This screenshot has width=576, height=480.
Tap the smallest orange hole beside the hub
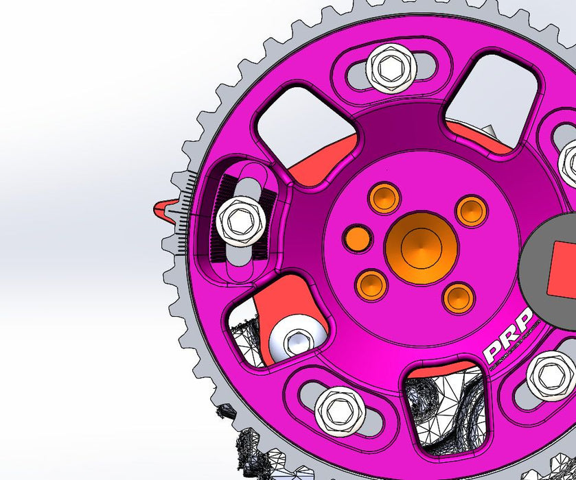(357, 238)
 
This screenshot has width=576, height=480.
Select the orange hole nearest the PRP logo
(458, 296)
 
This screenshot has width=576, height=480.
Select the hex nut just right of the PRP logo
(551, 375)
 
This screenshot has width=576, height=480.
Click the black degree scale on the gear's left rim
(183, 213)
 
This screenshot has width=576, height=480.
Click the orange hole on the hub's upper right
(472, 210)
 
